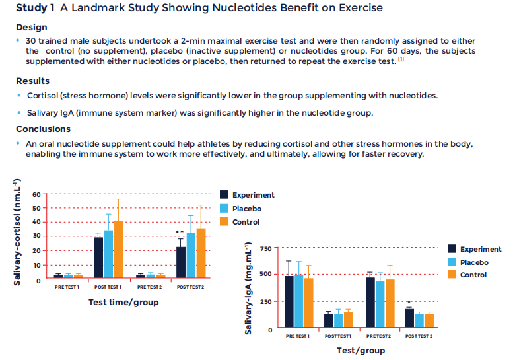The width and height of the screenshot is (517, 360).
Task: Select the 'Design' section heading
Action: pyautogui.click(x=32, y=27)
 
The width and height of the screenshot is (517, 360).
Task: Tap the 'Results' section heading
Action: pyautogui.click(x=33, y=81)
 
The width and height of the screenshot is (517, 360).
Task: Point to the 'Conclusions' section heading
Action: pyautogui.click(x=43, y=129)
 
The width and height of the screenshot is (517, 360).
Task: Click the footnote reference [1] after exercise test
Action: pyautogui.click(x=401, y=59)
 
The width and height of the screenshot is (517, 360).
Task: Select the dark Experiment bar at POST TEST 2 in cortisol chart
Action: pyautogui.click(x=181, y=262)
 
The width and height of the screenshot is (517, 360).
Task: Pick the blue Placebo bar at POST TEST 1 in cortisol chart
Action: pyautogui.click(x=108, y=254)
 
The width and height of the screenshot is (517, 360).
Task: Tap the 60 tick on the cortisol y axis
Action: pyautogui.click(x=36, y=195)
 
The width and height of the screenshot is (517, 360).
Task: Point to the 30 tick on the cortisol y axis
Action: pyautogui.click(x=36, y=236)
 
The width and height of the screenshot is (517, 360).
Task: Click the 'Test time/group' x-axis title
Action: pyautogui.click(x=123, y=302)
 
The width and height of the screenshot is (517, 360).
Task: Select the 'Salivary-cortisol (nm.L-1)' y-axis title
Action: pyautogui.click(x=18, y=233)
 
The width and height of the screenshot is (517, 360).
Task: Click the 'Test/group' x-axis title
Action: pyautogui.click(x=361, y=350)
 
